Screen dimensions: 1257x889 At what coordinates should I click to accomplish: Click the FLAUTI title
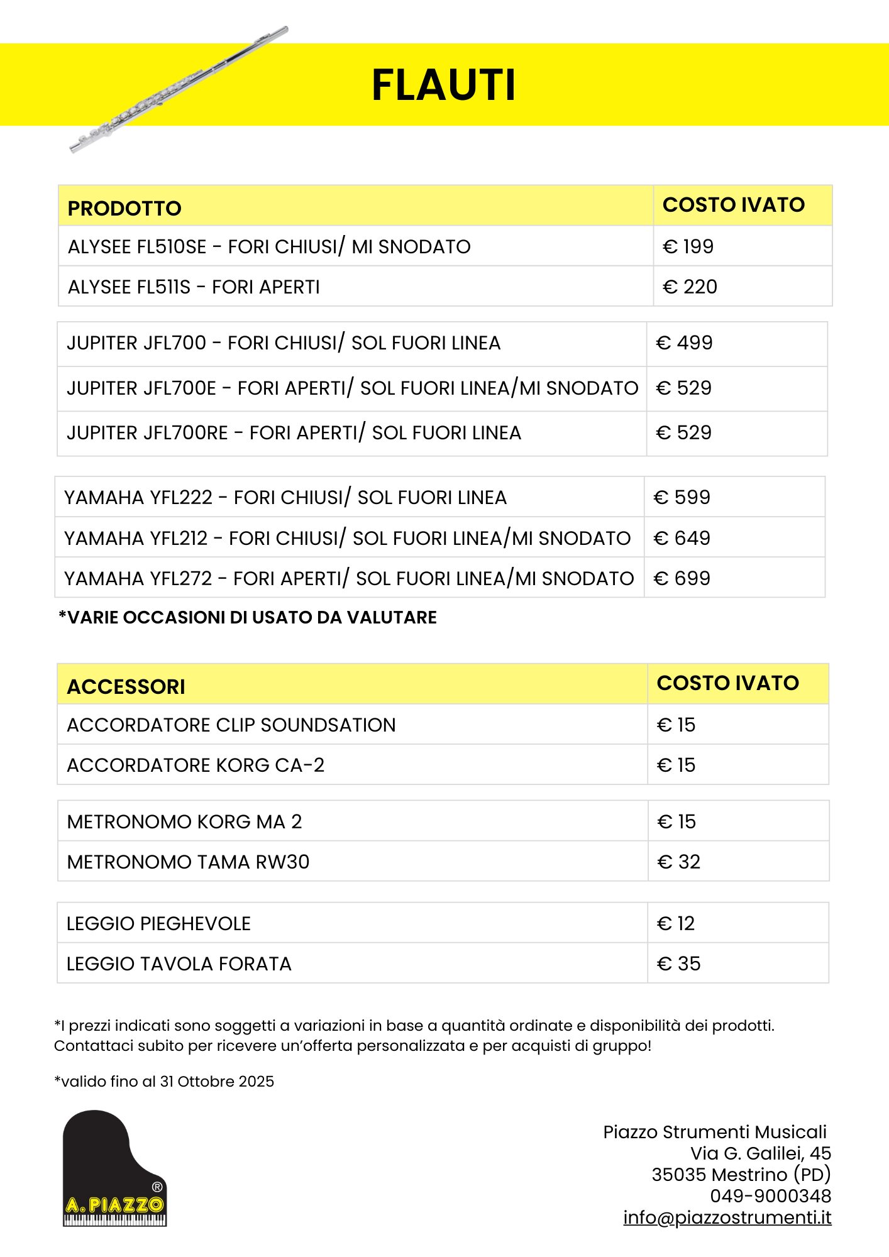point(444,85)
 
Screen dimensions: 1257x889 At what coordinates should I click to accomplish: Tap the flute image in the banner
point(179,89)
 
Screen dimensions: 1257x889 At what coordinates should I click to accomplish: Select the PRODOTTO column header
point(124,208)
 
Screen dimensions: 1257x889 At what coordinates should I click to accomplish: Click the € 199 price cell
point(688,246)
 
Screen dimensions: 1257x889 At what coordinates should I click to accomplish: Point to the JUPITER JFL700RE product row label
point(294,433)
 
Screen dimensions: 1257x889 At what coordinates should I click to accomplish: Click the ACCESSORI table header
point(126,686)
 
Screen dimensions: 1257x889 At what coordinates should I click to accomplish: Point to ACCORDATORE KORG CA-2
point(196,765)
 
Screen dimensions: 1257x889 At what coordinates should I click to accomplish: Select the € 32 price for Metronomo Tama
point(678,862)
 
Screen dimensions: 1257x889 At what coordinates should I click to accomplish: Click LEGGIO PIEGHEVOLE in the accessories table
point(158,923)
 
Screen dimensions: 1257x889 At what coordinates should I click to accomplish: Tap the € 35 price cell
point(678,963)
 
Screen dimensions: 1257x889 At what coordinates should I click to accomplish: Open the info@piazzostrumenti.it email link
point(727,1217)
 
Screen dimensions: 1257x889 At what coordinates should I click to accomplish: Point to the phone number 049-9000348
point(770,1196)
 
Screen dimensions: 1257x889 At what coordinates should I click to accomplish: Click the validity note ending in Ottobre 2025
point(164,1081)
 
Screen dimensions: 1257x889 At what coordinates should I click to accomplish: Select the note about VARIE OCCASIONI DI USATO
point(248,617)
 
